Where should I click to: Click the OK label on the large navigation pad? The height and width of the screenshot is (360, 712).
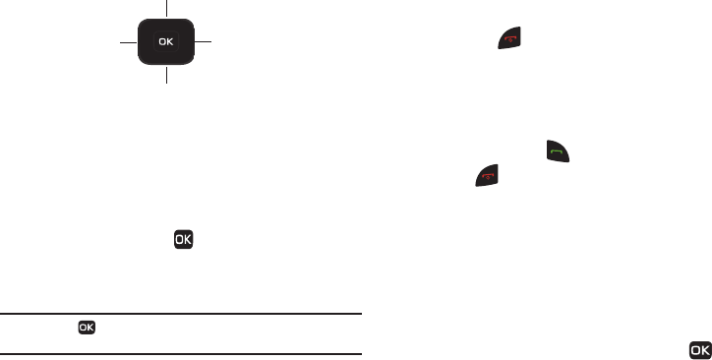(x=166, y=41)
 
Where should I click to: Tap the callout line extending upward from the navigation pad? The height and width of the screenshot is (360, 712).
(x=166, y=8)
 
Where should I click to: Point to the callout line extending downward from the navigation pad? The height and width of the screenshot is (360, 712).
(x=166, y=75)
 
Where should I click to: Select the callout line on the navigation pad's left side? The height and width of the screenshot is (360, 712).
(x=129, y=42)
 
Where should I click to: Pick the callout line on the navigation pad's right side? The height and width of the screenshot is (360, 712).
(x=203, y=41)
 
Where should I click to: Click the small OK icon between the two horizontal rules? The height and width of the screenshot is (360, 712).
(x=87, y=328)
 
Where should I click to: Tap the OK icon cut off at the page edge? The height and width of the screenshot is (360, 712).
(x=700, y=350)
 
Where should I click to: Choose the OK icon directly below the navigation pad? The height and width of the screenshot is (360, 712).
(x=184, y=239)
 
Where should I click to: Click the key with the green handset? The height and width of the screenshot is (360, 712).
(x=558, y=151)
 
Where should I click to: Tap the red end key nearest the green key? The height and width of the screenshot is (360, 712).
(x=487, y=175)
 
